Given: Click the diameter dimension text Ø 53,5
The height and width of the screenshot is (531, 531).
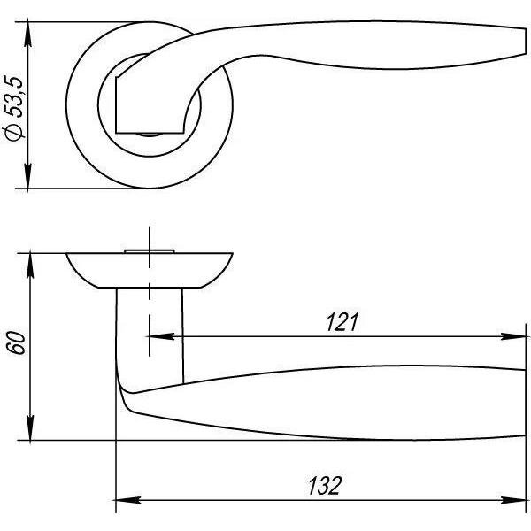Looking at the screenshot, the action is (14, 108).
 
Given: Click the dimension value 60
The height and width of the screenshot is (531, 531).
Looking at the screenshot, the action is (17, 343).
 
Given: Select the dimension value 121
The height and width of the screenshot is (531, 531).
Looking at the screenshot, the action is (342, 322).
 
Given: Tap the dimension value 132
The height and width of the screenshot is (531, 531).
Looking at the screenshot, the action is (324, 486).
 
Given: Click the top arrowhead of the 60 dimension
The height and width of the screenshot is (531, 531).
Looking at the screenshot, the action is (30, 265).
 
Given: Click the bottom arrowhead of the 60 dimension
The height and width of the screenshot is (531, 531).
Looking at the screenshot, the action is (30, 428).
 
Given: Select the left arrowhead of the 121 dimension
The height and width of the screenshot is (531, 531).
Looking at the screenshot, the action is (162, 336).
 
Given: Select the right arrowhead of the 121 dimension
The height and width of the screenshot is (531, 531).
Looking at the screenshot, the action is (513, 336).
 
